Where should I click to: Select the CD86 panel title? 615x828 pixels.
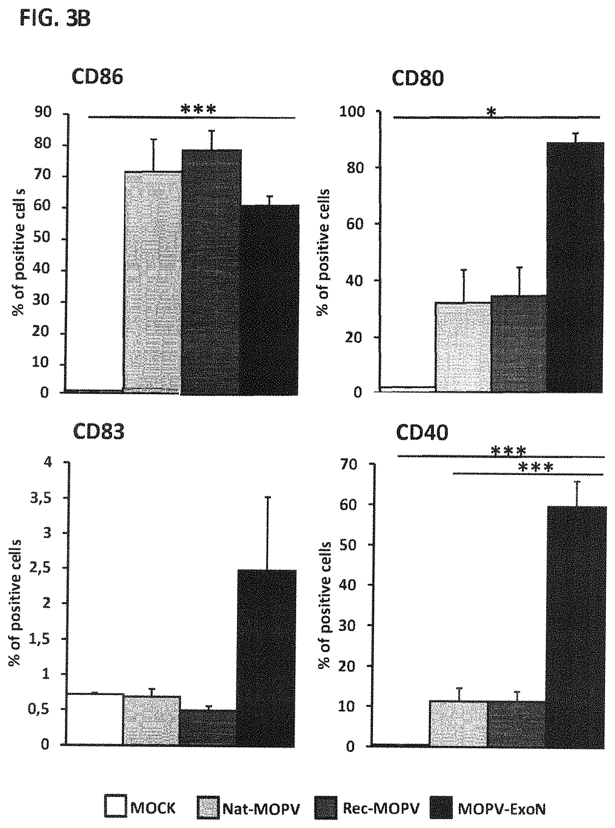[x=98, y=77]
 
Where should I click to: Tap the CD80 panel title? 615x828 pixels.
[x=418, y=79]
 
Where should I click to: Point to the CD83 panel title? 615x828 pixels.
[x=99, y=431]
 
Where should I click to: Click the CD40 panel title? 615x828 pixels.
[x=421, y=433]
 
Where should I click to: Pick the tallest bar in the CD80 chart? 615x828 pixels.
[x=575, y=267]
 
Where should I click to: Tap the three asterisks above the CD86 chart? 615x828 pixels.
[x=198, y=109]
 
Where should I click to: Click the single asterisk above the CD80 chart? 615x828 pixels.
[x=491, y=112]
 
